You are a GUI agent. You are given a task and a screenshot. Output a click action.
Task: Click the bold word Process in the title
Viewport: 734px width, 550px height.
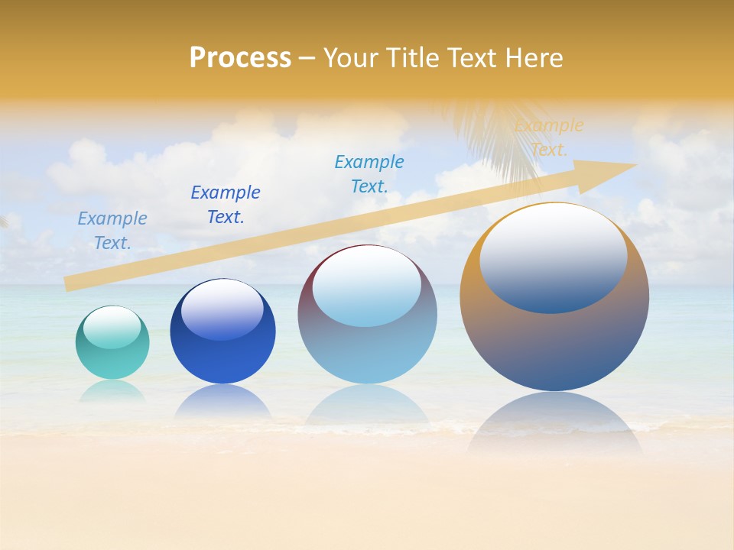pos(240,58)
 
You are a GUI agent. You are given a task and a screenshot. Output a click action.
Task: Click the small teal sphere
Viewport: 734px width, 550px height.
pos(112,359)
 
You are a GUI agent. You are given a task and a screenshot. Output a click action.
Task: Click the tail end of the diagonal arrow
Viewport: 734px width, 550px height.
pos(67,283)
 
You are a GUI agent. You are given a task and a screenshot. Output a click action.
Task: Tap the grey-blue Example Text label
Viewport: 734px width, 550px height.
pos(112,231)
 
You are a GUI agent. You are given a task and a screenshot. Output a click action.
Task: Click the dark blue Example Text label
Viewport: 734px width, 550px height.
pos(226,205)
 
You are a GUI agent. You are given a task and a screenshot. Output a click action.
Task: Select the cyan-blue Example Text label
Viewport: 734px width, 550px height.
pos(369,174)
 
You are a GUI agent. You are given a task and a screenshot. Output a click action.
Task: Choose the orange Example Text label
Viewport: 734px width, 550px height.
pos(549,137)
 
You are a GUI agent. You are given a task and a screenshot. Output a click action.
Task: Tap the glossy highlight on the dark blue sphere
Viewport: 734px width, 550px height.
pos(222,309)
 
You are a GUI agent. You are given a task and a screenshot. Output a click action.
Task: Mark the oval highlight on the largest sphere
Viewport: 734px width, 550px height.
pos(554,258)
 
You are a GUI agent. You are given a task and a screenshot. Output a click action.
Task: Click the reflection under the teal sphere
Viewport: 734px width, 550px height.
pos(112,391)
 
